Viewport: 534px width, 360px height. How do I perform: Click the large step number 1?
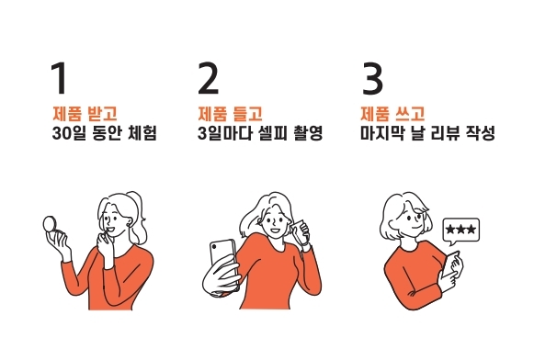59,80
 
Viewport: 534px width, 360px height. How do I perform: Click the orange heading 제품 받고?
85,114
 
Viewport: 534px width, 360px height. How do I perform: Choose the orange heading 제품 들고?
230,114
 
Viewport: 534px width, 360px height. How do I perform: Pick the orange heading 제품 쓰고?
392,114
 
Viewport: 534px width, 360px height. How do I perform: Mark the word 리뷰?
446,133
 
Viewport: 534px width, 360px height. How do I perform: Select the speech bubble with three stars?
460,230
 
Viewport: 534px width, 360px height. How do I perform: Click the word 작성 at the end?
480,133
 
